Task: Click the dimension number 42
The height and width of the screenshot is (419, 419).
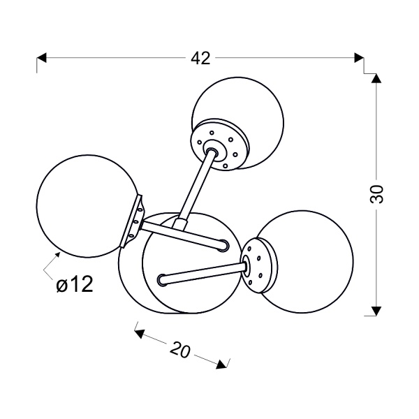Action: (x=200, y=58)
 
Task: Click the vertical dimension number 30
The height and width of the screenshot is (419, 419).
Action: (x=377, y=193)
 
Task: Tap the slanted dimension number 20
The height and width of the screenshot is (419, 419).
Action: (x=181, y=350)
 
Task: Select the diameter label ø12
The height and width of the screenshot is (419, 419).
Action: (x=75, y=284)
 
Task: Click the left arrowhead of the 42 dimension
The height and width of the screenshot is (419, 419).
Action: (x=41, y=58)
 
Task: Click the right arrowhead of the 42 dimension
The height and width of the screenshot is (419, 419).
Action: (x=359, y=58)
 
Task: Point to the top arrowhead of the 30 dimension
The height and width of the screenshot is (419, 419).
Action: (x=376, y=78)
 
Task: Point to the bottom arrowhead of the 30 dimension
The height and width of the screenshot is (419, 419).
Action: (x=376, y=311)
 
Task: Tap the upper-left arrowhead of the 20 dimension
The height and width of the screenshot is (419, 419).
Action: (x=140, y=333)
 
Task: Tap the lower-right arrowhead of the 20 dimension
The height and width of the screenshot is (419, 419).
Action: (x=221, y=365)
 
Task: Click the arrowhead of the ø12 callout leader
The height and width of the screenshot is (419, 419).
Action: (x=57, y=255)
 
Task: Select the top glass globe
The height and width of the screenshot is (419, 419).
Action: (x=238, y=123)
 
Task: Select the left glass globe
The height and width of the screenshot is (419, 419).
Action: (x=88, y=206)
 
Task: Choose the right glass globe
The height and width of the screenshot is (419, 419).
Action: (x=304, y=262)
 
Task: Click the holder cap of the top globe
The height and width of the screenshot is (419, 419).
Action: (x=220, y=145)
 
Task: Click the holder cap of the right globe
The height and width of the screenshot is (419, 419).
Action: (x=259, y=265)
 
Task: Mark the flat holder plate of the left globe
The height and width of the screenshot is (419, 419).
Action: (x=133, y=221)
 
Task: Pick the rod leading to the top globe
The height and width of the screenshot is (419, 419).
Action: (x=195, y=187)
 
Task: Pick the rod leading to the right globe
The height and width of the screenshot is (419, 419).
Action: (x=203, y=273)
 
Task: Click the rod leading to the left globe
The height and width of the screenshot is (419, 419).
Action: (x=184, y=234)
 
